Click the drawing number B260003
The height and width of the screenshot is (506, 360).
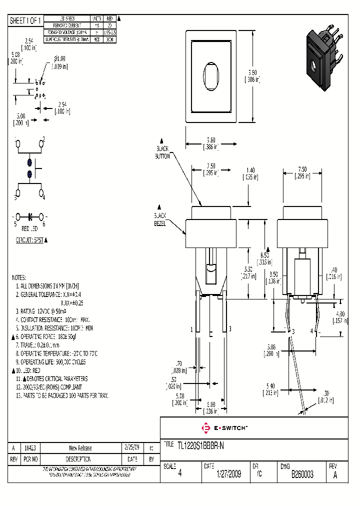[302, 474]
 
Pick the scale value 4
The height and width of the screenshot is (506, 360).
[179, 474]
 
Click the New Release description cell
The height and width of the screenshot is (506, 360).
[80, 448]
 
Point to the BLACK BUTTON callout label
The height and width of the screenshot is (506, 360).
[162, 152]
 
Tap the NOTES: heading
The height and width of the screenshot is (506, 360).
[19, 277]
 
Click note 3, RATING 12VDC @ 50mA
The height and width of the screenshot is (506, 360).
[45, 311]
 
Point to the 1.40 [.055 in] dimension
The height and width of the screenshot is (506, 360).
[250, 173]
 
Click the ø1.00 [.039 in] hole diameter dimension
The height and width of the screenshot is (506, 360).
[60, 62]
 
